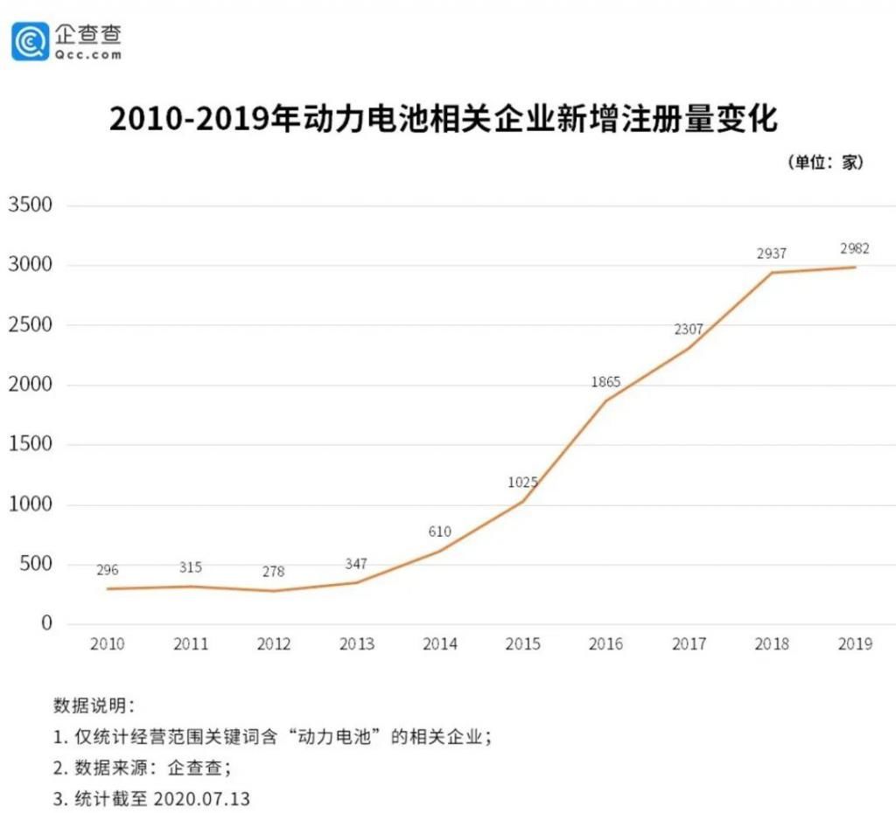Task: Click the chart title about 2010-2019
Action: point(443,119)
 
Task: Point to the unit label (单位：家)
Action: point(825,163)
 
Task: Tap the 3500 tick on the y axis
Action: point(31,205)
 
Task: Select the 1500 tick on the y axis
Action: point(31,444)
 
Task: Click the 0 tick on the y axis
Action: point(46,623)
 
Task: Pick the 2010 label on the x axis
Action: point(108,644)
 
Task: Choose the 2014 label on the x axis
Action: point(440,644)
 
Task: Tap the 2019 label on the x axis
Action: point(855,644)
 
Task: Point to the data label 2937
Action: point(772,254)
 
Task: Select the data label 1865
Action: point(605,382)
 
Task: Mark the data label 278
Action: point(273,572)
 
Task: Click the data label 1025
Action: point(522,482)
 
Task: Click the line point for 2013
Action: point(357,582)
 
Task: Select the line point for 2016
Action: point(605,401)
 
